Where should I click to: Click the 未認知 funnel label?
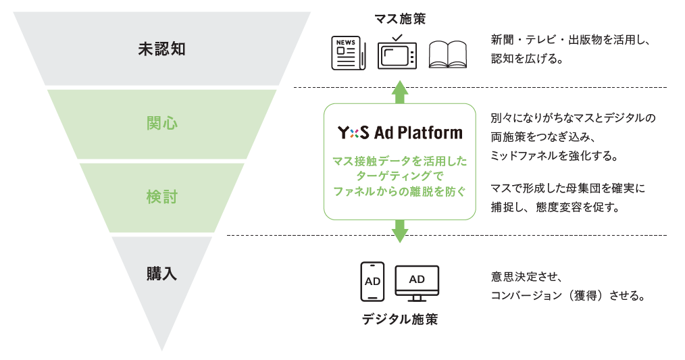[x=161, y=49]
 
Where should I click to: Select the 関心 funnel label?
[x=161, y=124]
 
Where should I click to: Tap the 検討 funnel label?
[x=161, y=197]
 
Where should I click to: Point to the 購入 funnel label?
[x=161, y=274]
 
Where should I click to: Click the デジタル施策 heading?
[x=400, y=319]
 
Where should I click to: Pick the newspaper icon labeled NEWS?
[x=348, y=53]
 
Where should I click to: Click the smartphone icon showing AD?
[x=372, y=280]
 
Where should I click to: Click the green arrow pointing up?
[x=400, y=91]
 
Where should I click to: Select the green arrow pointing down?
[x=400, y=231]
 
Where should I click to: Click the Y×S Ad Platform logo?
[x=400, y=132]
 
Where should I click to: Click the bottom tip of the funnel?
[x=162, y=349]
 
